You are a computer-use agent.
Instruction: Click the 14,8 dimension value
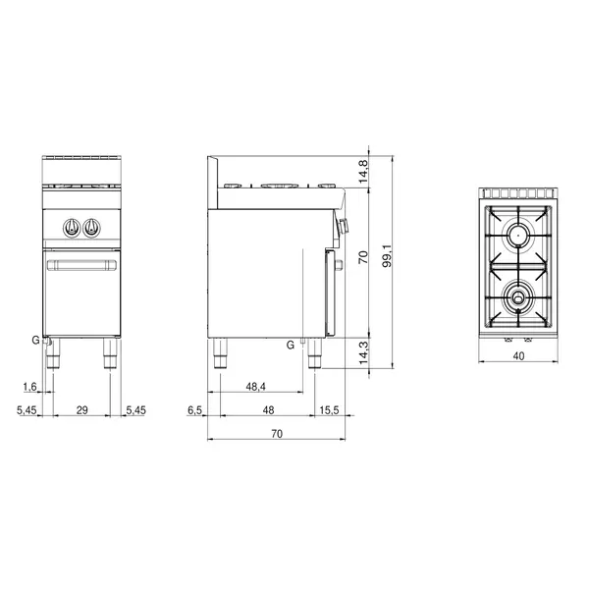point(362,169)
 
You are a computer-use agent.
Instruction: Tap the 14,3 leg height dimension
point(362,352)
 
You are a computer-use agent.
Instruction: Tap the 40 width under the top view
point(518,358)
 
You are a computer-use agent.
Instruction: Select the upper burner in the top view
point(517,234)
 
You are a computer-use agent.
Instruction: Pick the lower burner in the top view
point(517,294)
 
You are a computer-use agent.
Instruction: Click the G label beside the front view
point(34,340)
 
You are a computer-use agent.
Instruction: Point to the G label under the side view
point(290,345)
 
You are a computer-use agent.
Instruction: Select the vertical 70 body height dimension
point(362,258)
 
